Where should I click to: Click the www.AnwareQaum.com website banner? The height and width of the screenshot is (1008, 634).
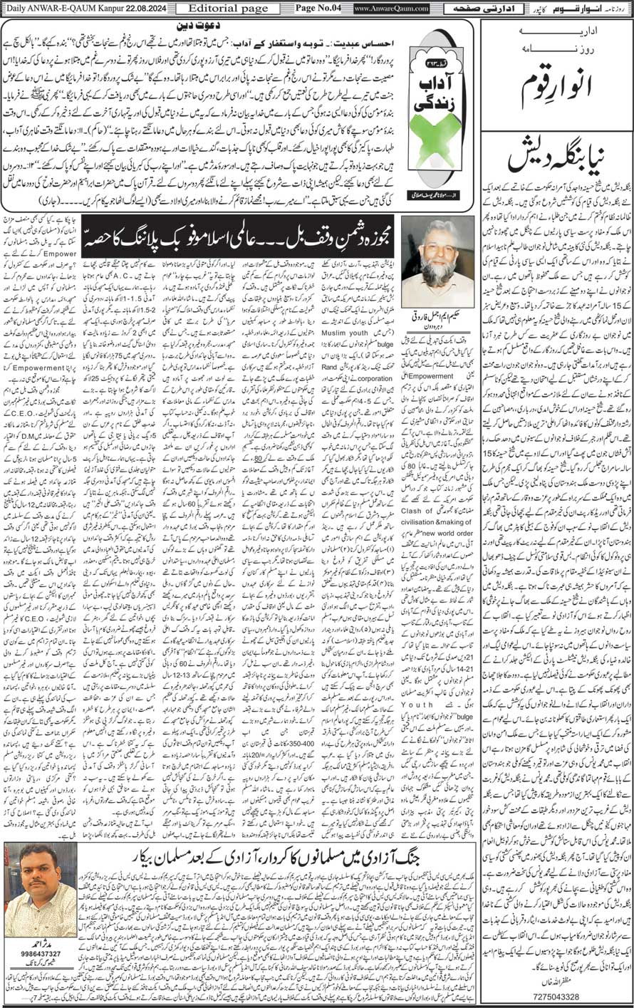pyautogui.click(x=381, y=9)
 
